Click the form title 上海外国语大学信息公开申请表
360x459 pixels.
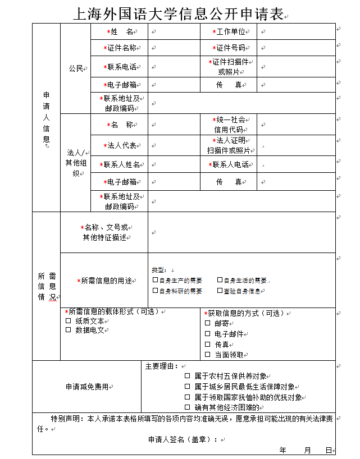179,13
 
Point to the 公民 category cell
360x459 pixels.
75,68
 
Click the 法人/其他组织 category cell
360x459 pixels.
75,163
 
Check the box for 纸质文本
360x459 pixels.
69,321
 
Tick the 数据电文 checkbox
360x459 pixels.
69,330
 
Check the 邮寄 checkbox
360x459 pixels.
207,323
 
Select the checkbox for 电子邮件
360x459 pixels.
207,334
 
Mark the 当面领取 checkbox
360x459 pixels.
207,355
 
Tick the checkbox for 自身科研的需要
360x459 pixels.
156,291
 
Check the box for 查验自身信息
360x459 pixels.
220,291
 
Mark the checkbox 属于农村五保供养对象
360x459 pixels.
188,376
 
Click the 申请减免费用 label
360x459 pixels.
87,387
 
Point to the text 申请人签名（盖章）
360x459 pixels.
182,439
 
